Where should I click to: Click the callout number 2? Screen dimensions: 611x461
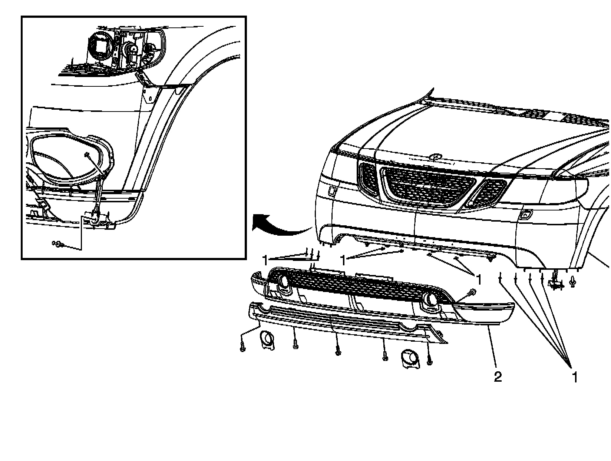click(x=498, y=377)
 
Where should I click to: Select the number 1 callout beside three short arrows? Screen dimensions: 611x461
click(x=265, y=261)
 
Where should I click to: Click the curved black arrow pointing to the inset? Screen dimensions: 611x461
click(x=281, y=225)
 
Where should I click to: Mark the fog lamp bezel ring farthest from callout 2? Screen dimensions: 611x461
click(x=268, y=340)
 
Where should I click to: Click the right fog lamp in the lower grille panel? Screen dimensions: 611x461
click(x=432, y=299)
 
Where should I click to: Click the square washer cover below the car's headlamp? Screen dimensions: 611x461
click(x=332, y=191)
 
